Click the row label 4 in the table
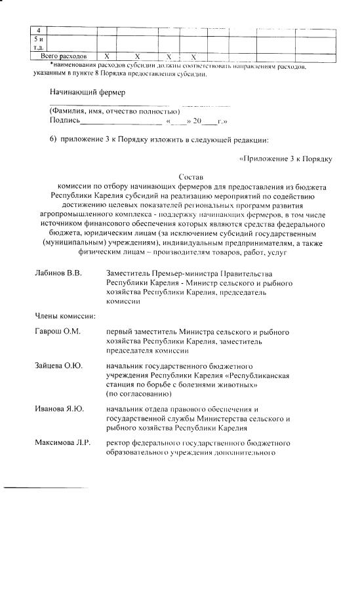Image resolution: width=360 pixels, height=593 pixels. point(39,31)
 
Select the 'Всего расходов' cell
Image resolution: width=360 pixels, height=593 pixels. point(64,57)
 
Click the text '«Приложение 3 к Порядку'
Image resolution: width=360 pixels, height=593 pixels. point(287,159)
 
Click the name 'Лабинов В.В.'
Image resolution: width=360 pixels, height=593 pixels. point(58,273)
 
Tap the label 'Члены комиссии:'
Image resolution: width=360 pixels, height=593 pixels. point(66,316)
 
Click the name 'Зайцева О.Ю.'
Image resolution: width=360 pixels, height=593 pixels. point(58,364)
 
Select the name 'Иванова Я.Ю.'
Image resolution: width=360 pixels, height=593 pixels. point(59,409)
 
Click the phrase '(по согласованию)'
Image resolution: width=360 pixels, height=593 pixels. point(138,394)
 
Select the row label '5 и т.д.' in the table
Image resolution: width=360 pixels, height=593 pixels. point(39,43)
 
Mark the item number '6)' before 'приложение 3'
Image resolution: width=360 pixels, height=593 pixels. point(54,140)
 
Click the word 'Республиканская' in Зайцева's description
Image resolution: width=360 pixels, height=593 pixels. point(258,375)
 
